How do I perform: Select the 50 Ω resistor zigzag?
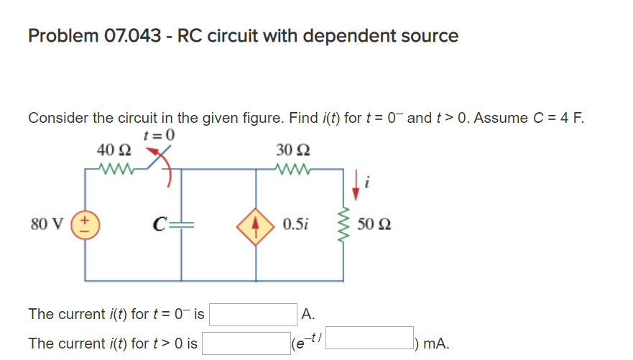tap(342, 223)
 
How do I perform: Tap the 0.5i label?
tap(296, 224)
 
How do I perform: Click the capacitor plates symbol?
tap(180, 224)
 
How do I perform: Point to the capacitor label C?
tap(160, 224)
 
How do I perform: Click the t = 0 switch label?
tap(160, 134)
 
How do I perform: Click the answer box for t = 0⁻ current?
tap(252, 314)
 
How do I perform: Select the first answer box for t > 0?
tap(245, 343)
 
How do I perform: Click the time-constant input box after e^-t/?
tap(370, 338)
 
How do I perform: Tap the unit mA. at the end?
tap(437, 343)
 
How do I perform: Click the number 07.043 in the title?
tap(137, 36)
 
